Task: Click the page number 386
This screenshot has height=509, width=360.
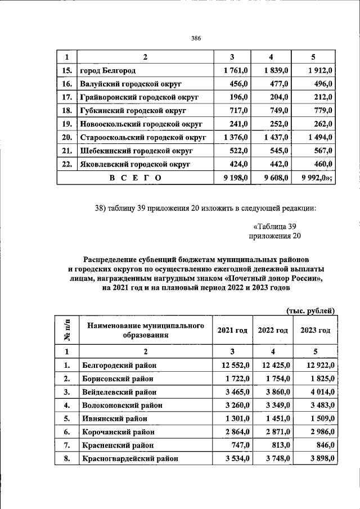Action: tap(196, 38)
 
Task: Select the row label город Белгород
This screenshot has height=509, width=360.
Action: tap(107, 71)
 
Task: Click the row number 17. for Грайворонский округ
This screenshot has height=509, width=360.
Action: tap(66, 97)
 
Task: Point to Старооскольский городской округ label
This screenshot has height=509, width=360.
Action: tap(143, 137)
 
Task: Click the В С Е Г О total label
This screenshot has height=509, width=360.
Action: tap(135, 178)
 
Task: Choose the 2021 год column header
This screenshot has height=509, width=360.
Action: tap(232, 331)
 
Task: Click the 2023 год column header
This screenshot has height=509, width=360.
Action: tap(316, 331)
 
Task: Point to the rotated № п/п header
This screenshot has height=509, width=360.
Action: tap(66, 331)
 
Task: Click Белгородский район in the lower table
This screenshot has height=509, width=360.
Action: tap(119, 366)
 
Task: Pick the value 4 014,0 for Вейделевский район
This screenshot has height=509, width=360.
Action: tap(318, 392)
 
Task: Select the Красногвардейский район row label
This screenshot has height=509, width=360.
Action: tap(130, 459)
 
